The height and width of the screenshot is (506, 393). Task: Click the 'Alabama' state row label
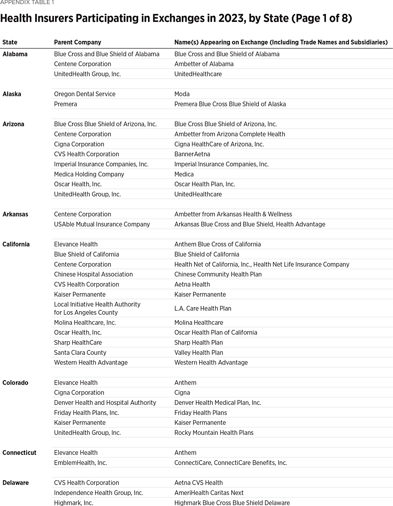click(15, 54)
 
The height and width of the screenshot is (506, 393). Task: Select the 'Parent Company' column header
click(77, 42)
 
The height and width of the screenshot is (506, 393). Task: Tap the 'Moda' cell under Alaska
click(182, 94)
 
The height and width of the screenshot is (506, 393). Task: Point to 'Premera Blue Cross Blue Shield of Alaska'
click(230, 104)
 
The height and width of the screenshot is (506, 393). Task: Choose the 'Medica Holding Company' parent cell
click(89, 174)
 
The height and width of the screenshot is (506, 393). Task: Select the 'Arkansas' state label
click(15, 214)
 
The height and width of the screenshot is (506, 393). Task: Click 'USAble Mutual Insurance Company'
click(102, 224)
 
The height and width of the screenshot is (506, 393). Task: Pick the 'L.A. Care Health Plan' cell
click(203, 308)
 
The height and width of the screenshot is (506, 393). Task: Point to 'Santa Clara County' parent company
click(80, 353)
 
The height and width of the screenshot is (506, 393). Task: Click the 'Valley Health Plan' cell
click(199, 353)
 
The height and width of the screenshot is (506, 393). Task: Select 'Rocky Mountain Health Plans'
click(214, 433)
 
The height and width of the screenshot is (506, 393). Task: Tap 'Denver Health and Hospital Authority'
click(105, 402)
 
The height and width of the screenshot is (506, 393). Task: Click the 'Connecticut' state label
click(19, 453)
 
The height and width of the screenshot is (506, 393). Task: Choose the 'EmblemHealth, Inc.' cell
click(80, 462)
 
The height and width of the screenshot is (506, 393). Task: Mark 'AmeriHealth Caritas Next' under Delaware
click(209, 493)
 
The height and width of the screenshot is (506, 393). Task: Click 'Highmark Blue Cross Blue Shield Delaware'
click(232, 502)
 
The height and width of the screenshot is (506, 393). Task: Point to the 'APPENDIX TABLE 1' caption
click(27, 2)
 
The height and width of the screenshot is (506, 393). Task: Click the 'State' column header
click(10, 42)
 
